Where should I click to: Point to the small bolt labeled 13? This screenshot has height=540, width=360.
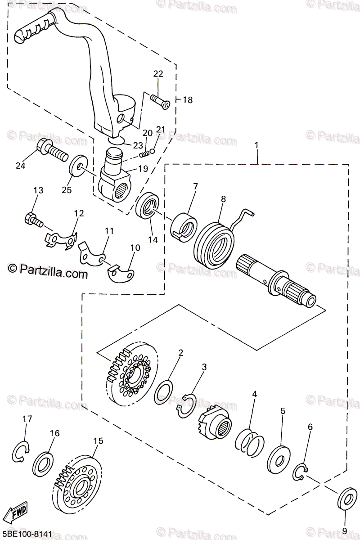click(x=32, y=220)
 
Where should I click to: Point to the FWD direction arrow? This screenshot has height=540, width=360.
click(x=18, y=510)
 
